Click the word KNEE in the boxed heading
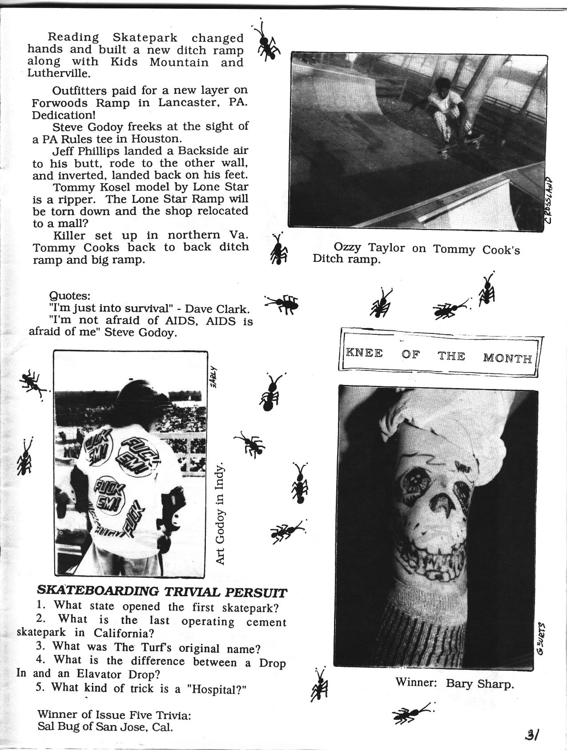364,354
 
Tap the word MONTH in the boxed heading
507,357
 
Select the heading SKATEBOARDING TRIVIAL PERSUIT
162,591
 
